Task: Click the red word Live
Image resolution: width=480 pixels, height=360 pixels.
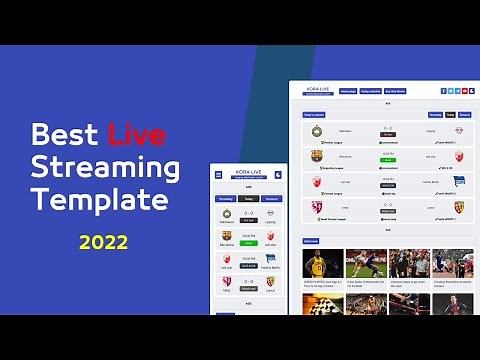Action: tap(137, 134)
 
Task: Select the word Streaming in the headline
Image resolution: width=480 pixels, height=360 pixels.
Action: tap(105, 166)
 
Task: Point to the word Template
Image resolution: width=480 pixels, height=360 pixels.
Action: tap(99, 199)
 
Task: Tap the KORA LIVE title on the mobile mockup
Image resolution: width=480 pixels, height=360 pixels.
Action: tap(248, 171)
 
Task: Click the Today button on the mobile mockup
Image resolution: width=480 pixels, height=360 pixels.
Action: tap(248, 198)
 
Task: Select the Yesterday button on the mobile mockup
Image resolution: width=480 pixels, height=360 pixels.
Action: tap(226, 198)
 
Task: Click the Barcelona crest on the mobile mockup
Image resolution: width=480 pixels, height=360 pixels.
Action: tap(226, 236)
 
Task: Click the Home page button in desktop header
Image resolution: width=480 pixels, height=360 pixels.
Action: tap(347, 90)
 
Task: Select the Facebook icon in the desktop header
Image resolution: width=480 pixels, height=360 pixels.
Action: tap(444, 90)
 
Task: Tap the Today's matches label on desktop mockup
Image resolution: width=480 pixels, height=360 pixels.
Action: tap(314, 115)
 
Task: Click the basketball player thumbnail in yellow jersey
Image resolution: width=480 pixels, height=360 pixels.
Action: tap(322, 263)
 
